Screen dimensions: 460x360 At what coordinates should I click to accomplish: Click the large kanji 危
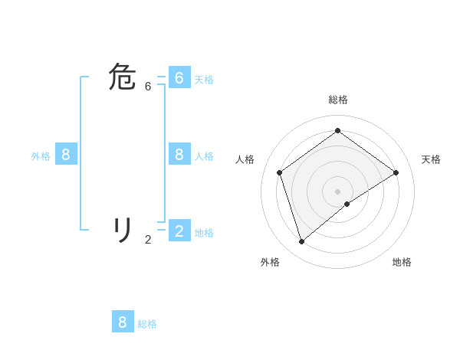click(123, 78)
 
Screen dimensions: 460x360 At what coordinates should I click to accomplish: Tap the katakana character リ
click(123, 229)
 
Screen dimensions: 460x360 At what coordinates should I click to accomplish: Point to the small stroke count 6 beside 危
click(148, 87)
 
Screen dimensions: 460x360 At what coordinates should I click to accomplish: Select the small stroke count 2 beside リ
click(148, 240)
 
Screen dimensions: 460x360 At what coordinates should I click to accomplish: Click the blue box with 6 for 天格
click(179, 78)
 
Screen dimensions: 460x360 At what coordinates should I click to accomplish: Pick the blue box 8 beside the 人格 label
click(179, 155)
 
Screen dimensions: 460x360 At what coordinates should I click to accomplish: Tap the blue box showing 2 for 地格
click(179, 231)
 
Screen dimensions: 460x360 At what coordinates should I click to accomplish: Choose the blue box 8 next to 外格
click(66, 155)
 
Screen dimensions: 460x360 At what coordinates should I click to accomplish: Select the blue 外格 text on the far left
click(41, 156)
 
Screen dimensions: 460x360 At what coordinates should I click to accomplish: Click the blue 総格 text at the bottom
click(147, 324)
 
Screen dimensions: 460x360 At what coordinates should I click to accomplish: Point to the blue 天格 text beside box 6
click(204, 80)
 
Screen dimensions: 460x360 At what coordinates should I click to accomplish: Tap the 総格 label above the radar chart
click(337, 100)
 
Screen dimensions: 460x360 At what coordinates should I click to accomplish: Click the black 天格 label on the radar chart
click(431, 159)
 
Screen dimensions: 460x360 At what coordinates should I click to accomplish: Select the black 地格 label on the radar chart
click(402, 262)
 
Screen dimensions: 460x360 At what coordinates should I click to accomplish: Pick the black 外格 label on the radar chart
click(270, 262)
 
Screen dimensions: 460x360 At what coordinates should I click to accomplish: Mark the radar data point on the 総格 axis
click(337, 130)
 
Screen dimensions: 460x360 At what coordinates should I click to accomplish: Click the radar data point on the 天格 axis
click(396, 172)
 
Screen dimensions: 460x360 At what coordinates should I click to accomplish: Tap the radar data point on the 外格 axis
click(302, 241)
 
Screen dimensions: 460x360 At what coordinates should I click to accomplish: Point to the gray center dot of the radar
click(337, 191)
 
